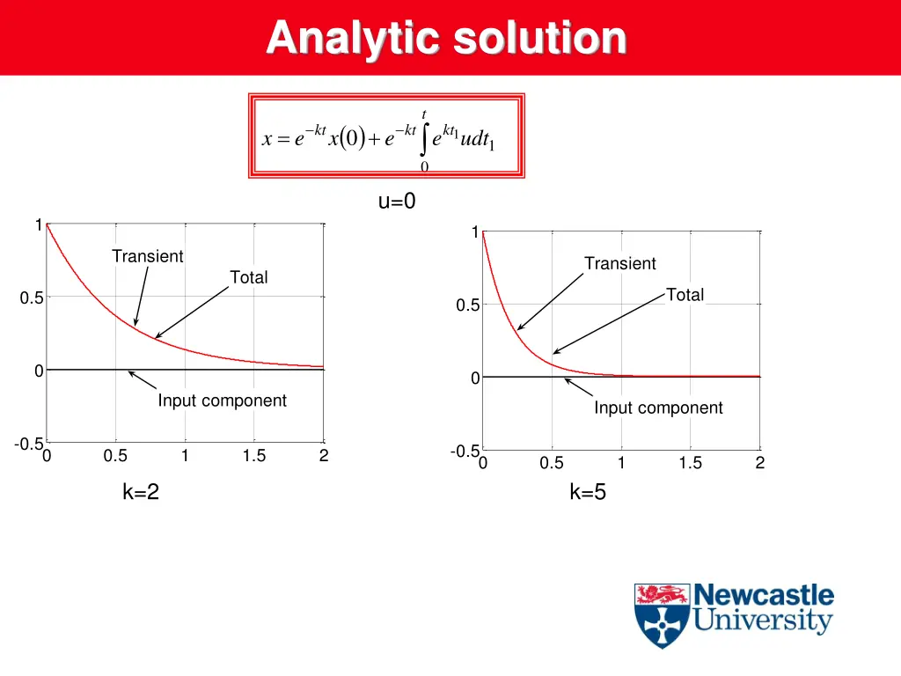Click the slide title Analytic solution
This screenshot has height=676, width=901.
[446, 39]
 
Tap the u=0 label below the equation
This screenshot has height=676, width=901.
[397, 202]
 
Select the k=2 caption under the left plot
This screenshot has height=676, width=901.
[141, 492]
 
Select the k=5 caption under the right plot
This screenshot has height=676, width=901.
[588, 492]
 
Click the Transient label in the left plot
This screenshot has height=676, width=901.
[148, 256]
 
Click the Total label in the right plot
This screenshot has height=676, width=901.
[685, 295]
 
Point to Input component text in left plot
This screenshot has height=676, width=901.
[222, 400]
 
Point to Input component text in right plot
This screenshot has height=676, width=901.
[658, 408]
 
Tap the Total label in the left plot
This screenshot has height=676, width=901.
[248, 277]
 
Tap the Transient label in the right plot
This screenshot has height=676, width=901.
[620, 263]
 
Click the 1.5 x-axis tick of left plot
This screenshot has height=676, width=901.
[254, 456]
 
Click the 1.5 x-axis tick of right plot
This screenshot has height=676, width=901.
[691, 463]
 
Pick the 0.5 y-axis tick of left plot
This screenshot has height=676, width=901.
[32, 298]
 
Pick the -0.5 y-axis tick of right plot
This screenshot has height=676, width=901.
[465, 452]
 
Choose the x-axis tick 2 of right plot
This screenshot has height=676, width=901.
[760, 463]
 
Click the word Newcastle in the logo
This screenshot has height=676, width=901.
[764, 595]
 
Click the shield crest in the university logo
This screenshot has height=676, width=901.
[662, 615]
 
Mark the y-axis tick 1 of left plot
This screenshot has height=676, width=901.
[38, 224]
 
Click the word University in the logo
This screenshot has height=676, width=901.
[762, 621]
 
